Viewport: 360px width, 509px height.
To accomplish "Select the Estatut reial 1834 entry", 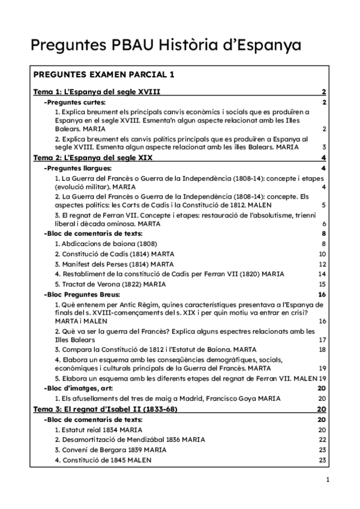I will (x=98, y=430).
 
